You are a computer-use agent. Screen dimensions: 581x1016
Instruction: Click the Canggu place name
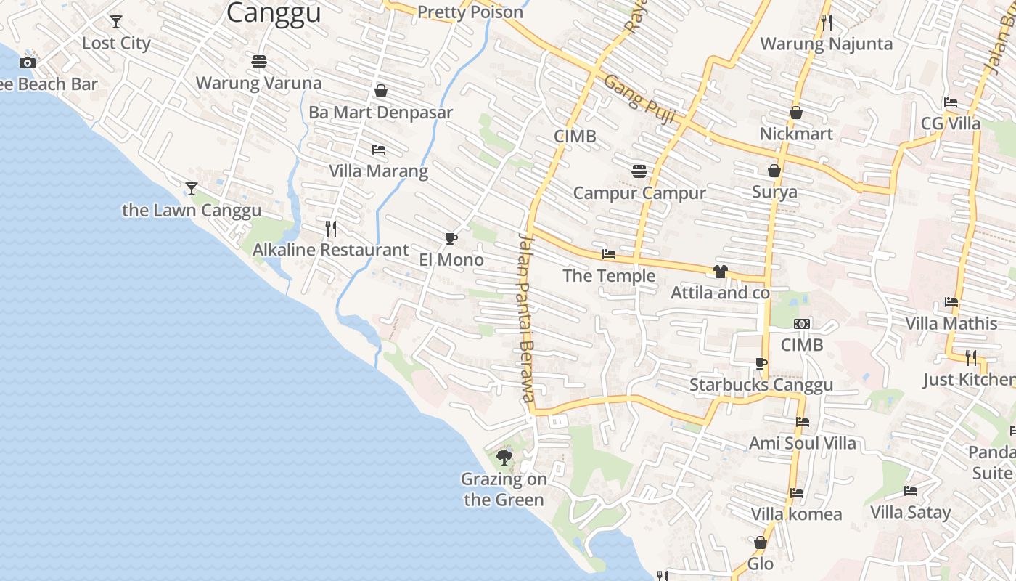pyautogui.click(x=274, y=13)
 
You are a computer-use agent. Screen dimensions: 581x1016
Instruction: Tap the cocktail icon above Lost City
pyautogui.click(x=116, y=22)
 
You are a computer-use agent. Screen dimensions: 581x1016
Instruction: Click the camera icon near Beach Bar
pyautogui.click(x=28, y=62)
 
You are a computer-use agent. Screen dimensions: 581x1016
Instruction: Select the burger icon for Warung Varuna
pyautogui.click(x=259, y=62)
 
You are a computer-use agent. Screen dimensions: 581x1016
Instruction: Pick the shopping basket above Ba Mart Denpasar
pyautogui.click(x=381, y=91)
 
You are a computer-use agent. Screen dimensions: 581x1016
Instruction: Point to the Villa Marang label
pyautogui.click(x=379, y=171)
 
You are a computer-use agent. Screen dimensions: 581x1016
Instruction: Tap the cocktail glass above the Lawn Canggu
pyautogui.click(x=192, y=189)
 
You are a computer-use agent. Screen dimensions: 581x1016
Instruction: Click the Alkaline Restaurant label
pyautogui.click(x=331, y=250)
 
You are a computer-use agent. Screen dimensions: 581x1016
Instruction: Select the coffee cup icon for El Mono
pyautogui.click(x=451, y=238)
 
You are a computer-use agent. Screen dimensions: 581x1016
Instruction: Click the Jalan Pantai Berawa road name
pyautogui.click(x=527, y=318)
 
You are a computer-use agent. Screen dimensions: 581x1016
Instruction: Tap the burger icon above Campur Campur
pyautogui.click(x=639, y=171)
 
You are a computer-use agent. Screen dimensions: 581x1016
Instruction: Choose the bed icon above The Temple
pyautogui.click(x=609, y=254)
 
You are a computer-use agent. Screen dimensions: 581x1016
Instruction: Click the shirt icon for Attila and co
pyautogui.click(x=720, y=272)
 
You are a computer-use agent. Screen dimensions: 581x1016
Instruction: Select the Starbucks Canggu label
pyautogui.click(x=761, y=385)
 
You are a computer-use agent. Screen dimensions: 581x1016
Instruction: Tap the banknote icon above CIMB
pyautogui.click(x=802, y=323)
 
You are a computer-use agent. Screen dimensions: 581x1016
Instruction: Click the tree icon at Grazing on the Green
pyautogui.click(x=504, y=458)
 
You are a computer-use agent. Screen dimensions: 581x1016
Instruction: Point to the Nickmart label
pyautogui.click(x=796, y=134)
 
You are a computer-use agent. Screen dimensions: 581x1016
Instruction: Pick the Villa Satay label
pyautogui.click(x=910, y=512)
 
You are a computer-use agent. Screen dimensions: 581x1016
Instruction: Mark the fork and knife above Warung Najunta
pyautogui.click(x=826, y=23)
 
